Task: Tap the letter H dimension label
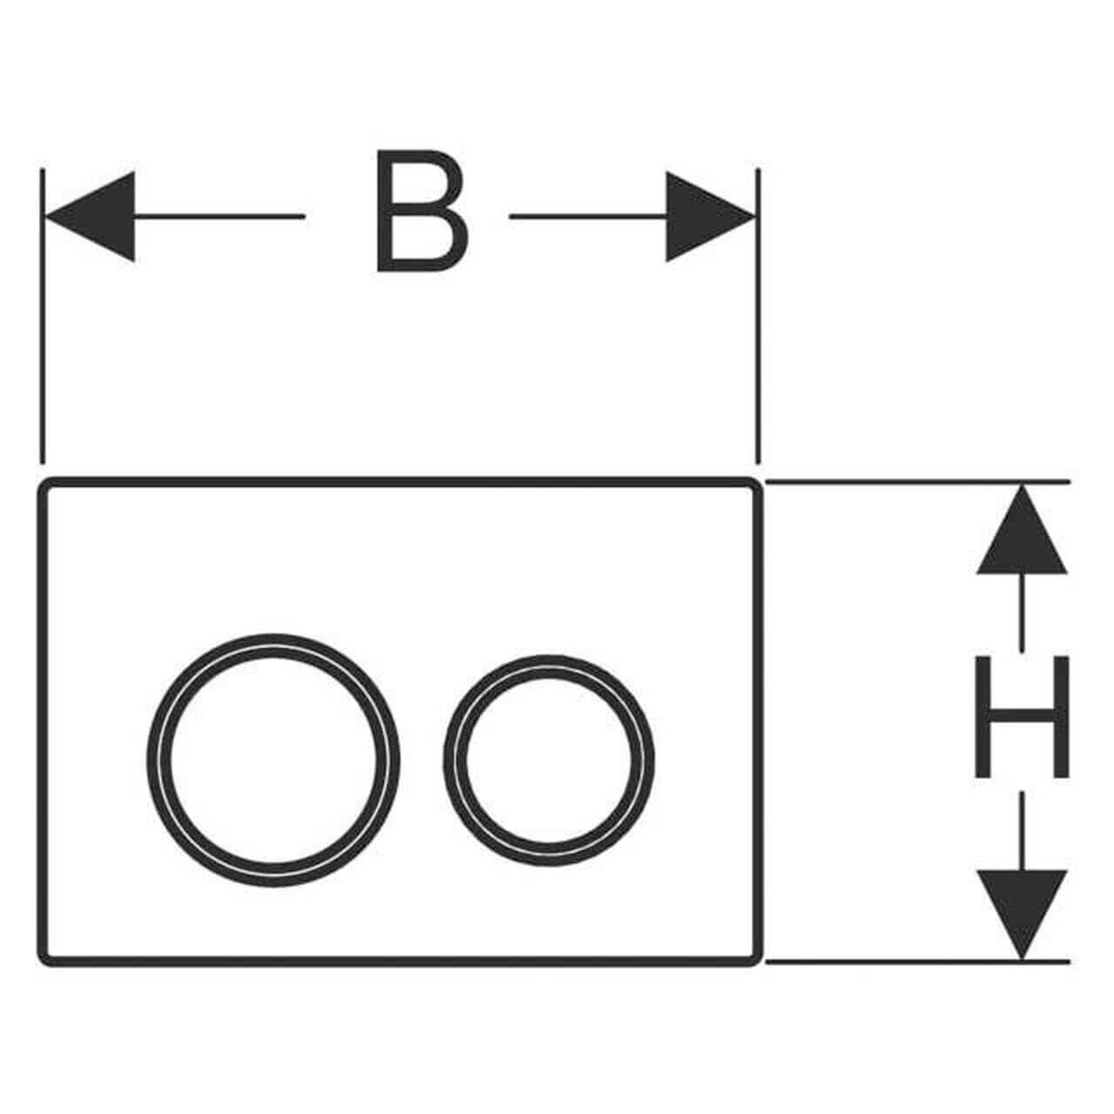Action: [1021, 716]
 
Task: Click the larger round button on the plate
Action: [273, 760]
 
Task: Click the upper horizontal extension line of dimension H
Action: [914, 480]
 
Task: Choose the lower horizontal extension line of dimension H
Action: [914, 962]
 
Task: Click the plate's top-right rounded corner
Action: [754, 487]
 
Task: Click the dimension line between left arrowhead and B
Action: [218, 216]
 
